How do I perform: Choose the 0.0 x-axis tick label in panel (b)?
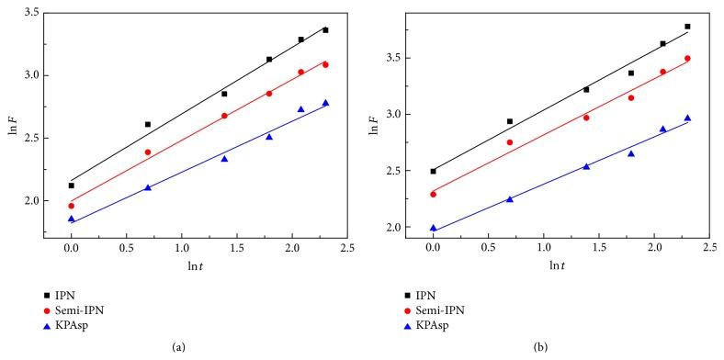coord(433,247)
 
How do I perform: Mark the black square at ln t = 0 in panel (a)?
coord(71,186)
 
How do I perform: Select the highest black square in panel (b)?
coord(687,27)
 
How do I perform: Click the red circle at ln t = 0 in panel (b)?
coord(433,194)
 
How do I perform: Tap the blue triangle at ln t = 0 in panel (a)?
coord(71,219)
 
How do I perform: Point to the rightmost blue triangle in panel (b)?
coord(687,118)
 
